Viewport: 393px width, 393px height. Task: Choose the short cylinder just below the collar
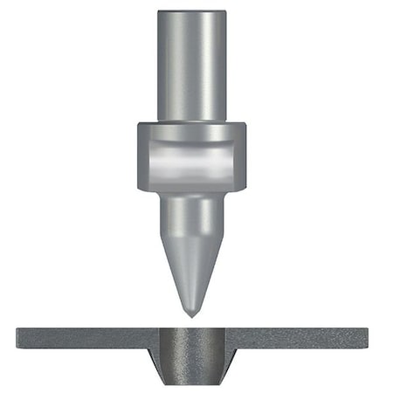(192, 210)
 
